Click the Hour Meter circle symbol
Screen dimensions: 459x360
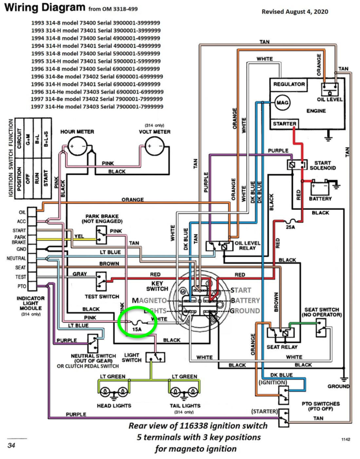click(77, 146)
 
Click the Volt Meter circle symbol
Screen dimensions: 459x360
click(155, 145)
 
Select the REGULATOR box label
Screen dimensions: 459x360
click(289, 85)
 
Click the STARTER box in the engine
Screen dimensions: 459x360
click(284, 124)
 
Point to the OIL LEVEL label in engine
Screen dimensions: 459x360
click(329, 99)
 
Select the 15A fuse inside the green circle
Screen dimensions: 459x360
click(136, 328)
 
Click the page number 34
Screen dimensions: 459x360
click(11, 445)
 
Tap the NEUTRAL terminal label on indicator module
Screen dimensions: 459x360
click(14, 258)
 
